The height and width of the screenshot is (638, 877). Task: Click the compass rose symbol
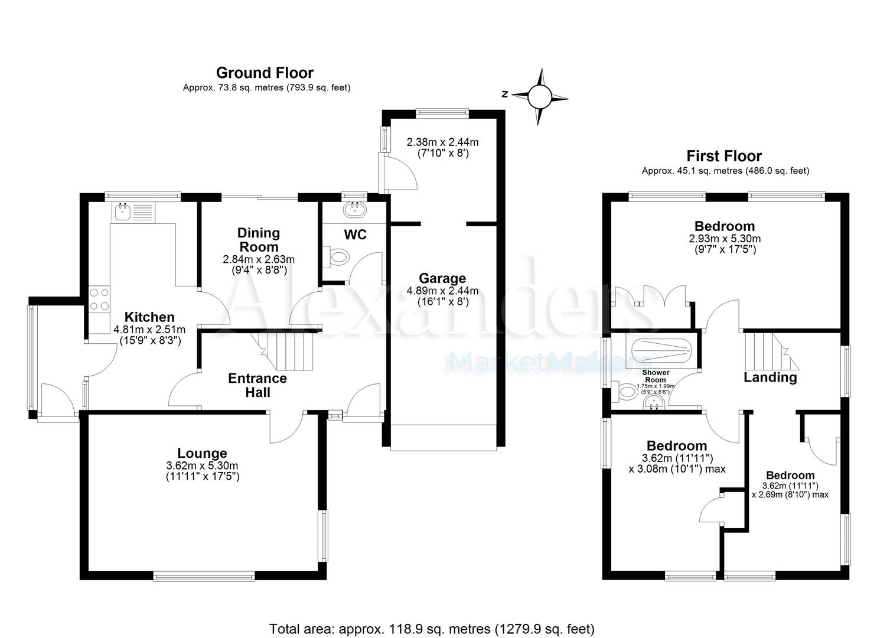[539, 96]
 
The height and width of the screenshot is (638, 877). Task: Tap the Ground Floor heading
[265, 73]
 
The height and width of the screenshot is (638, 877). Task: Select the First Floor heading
[724, 156]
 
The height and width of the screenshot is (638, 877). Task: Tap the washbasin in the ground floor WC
[355, 209]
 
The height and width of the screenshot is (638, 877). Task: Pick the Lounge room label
[203, 453]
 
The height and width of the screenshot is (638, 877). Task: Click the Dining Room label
[259, 240]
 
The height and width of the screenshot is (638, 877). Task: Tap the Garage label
[442, 278]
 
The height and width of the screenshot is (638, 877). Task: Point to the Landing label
[770, 377]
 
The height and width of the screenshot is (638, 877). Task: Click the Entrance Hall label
[257, 385]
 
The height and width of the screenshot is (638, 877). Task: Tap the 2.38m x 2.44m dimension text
[442, 142]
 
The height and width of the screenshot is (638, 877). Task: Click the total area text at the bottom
[432, 628]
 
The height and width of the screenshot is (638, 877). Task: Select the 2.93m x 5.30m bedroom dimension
[724, 239]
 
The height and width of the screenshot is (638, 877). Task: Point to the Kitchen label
[149, 317]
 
